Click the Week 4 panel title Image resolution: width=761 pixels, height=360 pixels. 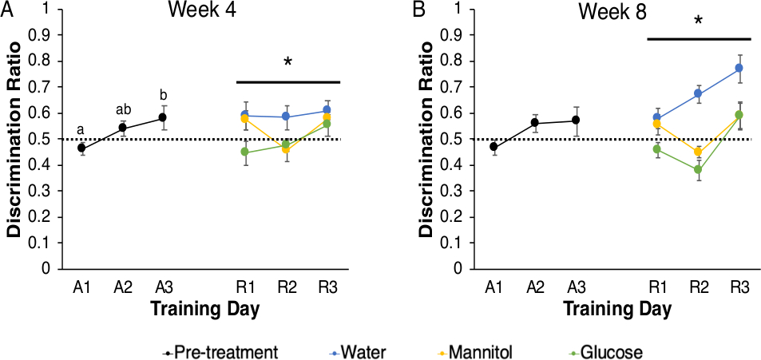(200, 12)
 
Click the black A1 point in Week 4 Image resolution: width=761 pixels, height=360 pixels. (81, 148)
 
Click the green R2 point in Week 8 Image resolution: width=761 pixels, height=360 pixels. (698, 169)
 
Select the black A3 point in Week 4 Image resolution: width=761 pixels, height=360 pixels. (163, 117)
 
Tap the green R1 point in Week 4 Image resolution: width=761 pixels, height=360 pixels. (246, 152)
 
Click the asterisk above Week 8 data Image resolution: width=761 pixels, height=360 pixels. (699, 20)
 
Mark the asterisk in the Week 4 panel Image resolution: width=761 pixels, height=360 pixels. (288, 64)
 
